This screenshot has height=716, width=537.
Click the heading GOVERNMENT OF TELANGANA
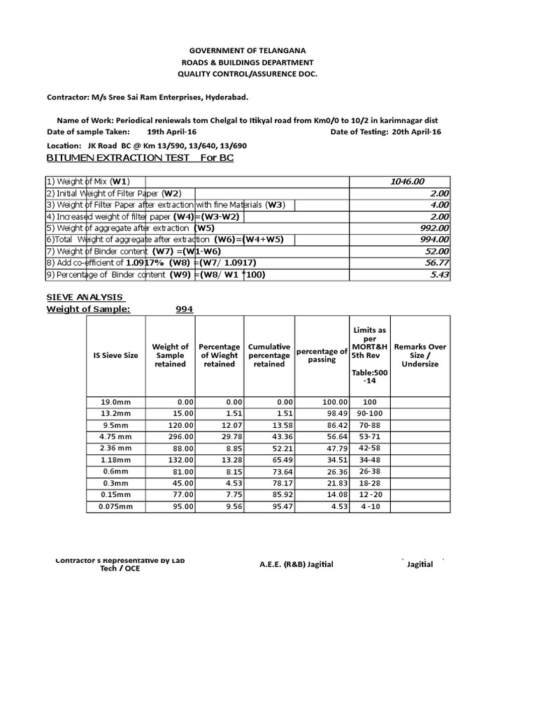click(x=248, y=51)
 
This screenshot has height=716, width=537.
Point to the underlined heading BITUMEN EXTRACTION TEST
click(x=118, y=158)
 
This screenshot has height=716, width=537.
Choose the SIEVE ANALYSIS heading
click(x=85, y=297)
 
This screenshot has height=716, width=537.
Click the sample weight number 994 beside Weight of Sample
click(x=184, y=310)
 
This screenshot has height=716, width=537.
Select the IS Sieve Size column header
click(x=115, y=355)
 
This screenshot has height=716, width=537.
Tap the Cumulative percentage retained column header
click(x=269, y=355)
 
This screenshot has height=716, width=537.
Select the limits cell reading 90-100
click(x=370, y=413)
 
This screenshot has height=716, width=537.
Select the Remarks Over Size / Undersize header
click(x=420, y=355)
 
